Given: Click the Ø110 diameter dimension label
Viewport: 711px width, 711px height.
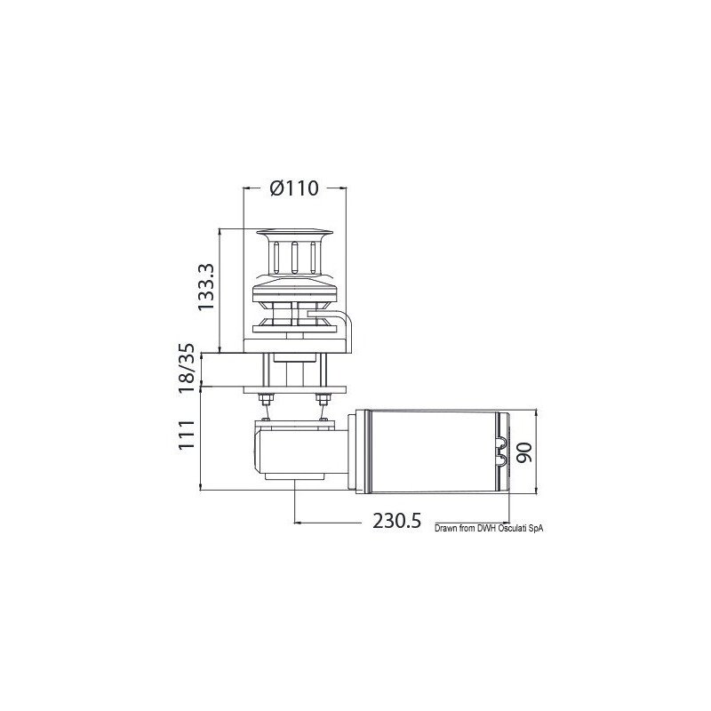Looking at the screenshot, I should pyautogui.click(x=294, y=188).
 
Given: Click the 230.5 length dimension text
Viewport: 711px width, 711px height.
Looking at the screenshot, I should pyautogui.click(x=395, y=522).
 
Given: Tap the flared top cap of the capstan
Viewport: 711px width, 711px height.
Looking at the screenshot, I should pyautogui.click(x=294, y=235).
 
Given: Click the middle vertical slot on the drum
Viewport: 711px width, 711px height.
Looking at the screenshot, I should pyautogui.click(x=294, y=258).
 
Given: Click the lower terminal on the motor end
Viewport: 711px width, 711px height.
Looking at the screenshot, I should pyautogui.click(x=502, y=459).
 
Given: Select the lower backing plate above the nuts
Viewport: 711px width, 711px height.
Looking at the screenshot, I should pyautogui.click(x=293, y=387).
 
